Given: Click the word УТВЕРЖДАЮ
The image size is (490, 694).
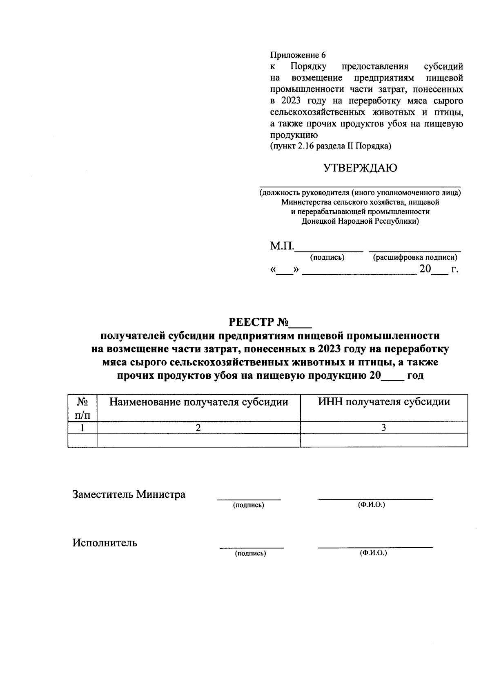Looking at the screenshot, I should (x=360, y=168).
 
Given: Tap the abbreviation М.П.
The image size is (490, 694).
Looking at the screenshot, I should (x=281, y=247).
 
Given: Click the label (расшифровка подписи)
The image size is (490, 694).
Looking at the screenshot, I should (x=415, y=258).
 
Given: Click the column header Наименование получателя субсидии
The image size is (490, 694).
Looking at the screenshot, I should (x=198, y=402).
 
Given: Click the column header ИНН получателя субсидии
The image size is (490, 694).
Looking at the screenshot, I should (x=384, y=402).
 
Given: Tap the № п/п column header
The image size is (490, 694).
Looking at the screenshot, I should (x=82, y=408).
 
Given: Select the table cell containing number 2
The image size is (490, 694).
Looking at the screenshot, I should (x=198, y=428).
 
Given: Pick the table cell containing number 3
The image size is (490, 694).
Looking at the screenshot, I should (x=384, y=428).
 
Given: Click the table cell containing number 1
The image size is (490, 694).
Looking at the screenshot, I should (x=82, y=428).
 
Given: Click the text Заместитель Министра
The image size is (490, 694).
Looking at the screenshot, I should (x=129, y=494).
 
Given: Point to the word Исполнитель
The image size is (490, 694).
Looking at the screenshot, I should (x=105, y=543).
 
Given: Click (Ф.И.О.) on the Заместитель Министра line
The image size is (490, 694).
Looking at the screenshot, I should (x=371, y=505).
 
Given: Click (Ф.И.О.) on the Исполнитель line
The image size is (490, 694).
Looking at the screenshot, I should (x=373, y=553).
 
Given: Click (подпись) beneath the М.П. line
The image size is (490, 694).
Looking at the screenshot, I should (x=327, y=258).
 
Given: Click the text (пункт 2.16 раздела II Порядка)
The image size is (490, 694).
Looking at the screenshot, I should (x=330, y=146).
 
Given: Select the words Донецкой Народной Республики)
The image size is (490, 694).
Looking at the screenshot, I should (x=360, y=222).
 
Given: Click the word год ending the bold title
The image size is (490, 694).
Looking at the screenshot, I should (x=415, y=375).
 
